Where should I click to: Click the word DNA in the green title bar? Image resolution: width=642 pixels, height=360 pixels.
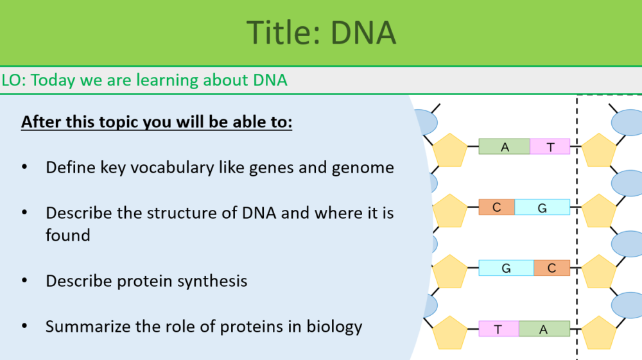pyautogui.click(x=363, y=33)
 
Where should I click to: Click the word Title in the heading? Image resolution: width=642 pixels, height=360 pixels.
pyautogui.click(x=280, y=33)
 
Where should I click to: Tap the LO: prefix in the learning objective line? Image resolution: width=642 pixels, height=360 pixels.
pyautogui.click(x=13, y=80)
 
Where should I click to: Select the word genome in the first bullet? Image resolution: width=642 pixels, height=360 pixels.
pyautogui.click(x=363, y=168)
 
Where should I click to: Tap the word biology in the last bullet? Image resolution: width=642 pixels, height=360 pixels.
pyautogui.click(x=334, y=327)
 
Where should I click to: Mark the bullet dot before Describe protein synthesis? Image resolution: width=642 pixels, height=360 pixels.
pyautogui.click(x=24, y=281)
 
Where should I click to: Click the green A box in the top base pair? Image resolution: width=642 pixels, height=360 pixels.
pyautogui.click(x=505, y=147)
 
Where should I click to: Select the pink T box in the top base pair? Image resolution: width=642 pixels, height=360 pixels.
pyautogui.click(x=550, y=147)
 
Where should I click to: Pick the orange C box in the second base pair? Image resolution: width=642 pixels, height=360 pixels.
pyautogui.click(x=496, y=207)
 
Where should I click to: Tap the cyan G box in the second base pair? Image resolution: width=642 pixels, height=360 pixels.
pyautogui.click(x=542, y=207)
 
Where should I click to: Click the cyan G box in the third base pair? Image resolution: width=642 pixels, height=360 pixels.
pyautogui.click(x=506, y=268)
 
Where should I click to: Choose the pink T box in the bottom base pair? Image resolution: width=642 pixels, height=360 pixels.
pyautogui.click(x=498, y=329)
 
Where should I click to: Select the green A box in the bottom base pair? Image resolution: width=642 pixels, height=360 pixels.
pyautogui.click(x=544, y=329)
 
